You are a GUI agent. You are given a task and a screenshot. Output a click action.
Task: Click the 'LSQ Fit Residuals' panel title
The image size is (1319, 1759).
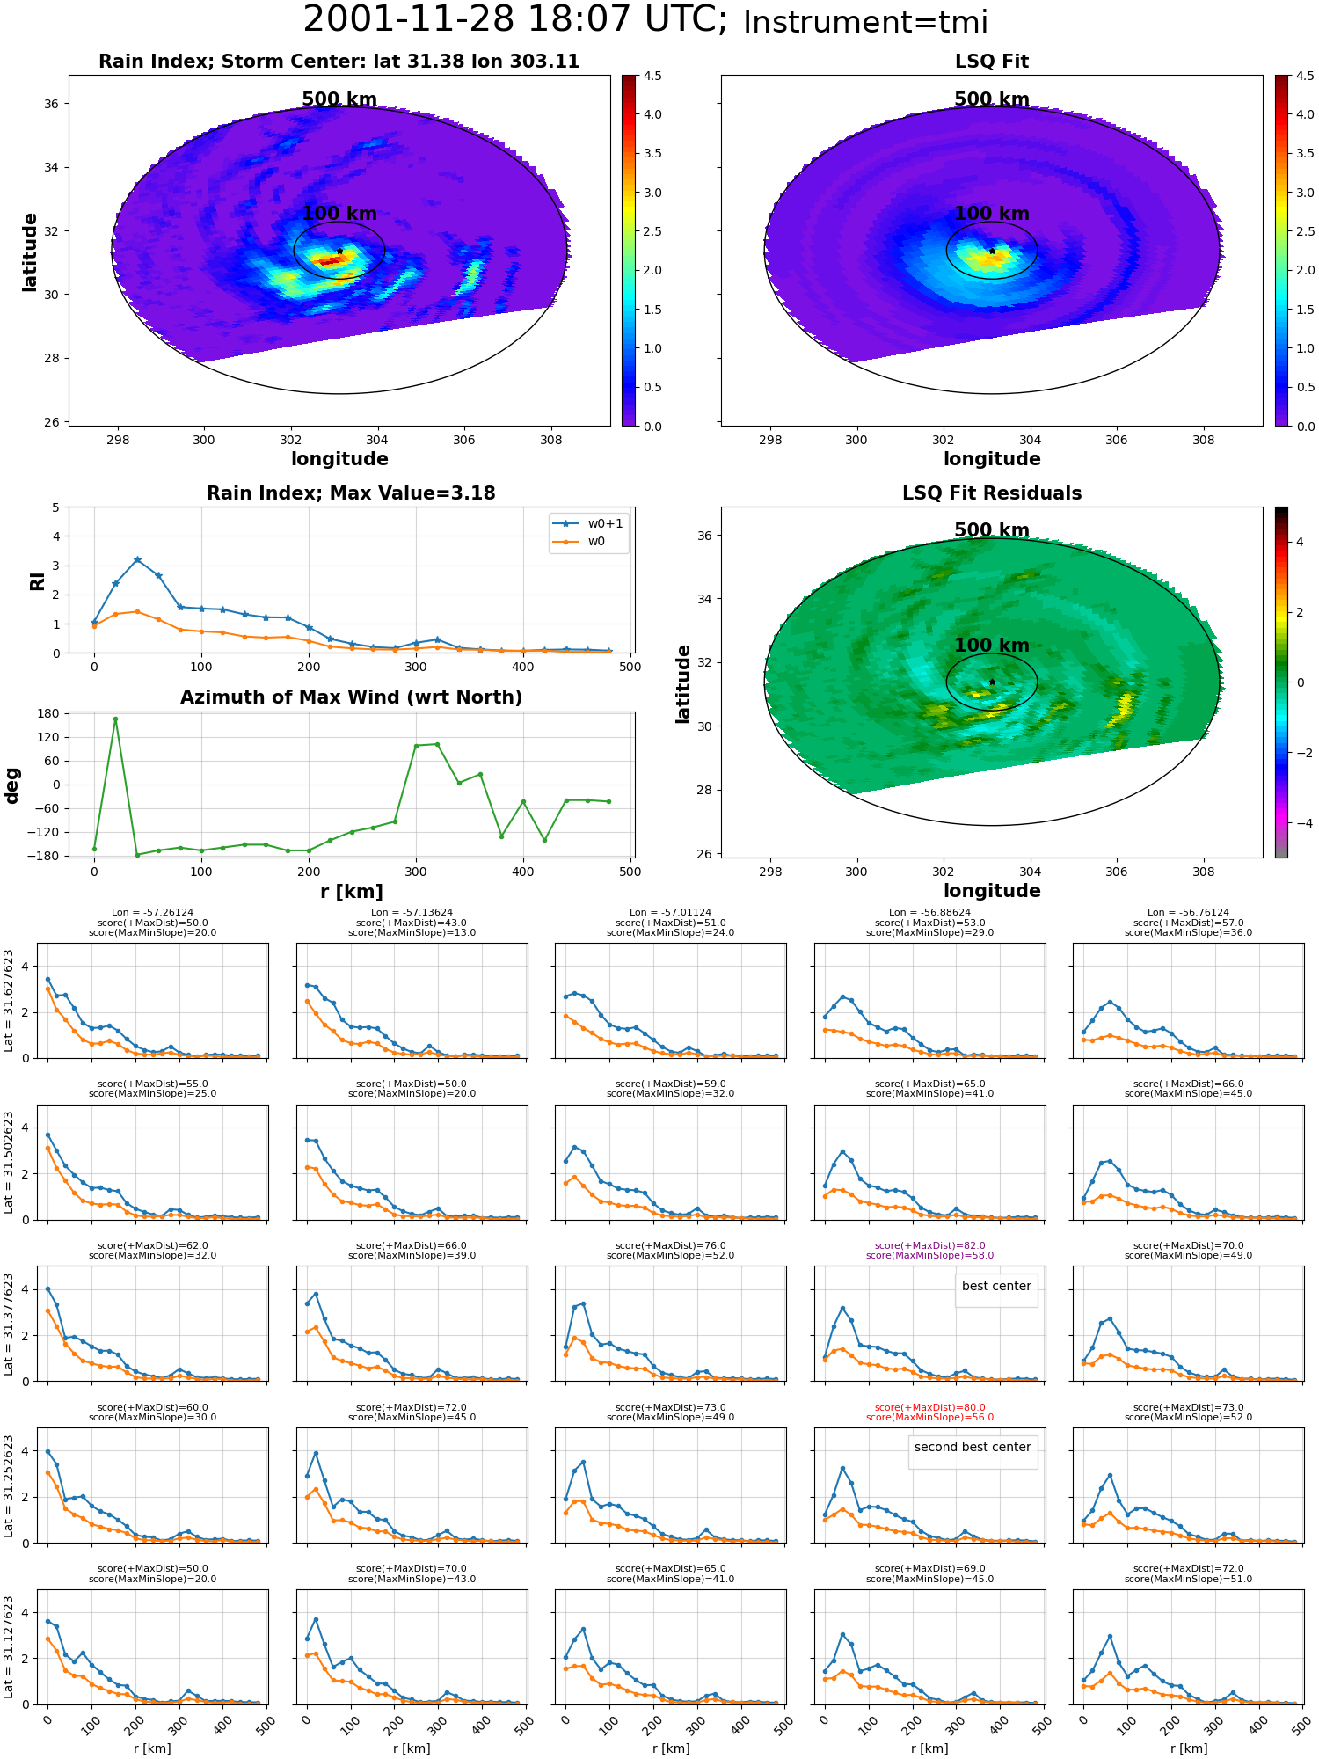(x=992, y=493)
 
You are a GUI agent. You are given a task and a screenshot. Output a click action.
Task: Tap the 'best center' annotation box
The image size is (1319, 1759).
(x=996, y=1286)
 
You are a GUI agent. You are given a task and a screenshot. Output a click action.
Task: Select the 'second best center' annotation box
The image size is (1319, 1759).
(x=973, y=1447)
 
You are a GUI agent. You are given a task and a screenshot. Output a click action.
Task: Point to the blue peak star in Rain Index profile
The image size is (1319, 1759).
(x=137, y=560)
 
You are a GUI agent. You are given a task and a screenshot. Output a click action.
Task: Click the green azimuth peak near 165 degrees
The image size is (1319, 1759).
(x=115, y=719)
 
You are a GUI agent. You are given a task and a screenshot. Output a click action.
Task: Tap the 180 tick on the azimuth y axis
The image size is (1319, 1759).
(x=49, y=713)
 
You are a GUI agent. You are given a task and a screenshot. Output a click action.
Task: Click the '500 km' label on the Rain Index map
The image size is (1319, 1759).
(x=339, y=99)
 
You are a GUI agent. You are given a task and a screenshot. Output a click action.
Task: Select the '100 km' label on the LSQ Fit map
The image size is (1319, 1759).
(x=992, y=214)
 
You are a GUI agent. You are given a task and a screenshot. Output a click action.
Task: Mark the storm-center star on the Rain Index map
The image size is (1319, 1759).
(x=339, y=251)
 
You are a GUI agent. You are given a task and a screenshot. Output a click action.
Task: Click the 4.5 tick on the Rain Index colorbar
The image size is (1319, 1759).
(x=652, y=76)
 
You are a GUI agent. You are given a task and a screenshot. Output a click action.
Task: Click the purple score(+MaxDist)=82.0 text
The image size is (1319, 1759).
(x=929, y=1245)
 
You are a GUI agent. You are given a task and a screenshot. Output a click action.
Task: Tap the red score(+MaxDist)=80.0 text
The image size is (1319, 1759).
(x=929, y=1407)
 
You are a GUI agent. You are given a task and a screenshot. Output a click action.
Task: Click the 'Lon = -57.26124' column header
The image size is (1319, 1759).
(x=152, y=913)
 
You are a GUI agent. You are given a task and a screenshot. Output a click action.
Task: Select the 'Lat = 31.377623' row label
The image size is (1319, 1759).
(x=9, y=1323)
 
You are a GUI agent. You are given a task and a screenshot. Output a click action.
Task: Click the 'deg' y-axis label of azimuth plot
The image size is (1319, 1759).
(x=11, y=785)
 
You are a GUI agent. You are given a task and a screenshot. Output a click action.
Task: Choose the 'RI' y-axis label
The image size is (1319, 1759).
(x=37, y=581)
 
